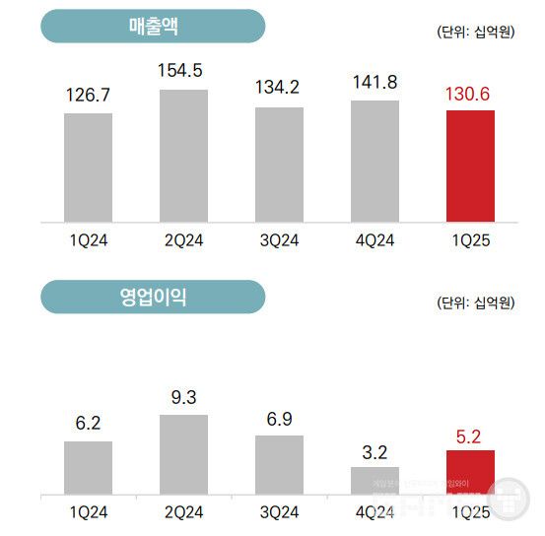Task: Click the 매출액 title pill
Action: [x=153, y=27]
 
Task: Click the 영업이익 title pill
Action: [x=153, y=297]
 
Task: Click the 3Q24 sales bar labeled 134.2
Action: [x=279, y=165]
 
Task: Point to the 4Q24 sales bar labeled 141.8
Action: [x=375, y=161]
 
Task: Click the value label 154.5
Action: [x=183, y=71]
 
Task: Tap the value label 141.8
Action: [x=375, y=82]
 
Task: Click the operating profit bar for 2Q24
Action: [x=183, y=454]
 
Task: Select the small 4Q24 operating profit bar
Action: [x=375, y=480]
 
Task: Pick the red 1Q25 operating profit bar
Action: [x=470, y=472]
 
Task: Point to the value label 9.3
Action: [x=183, y=398]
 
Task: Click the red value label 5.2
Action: [x=470, y=433]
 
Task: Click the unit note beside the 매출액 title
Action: [x=475, y=32]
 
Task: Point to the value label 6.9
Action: [x=279, y=419]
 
